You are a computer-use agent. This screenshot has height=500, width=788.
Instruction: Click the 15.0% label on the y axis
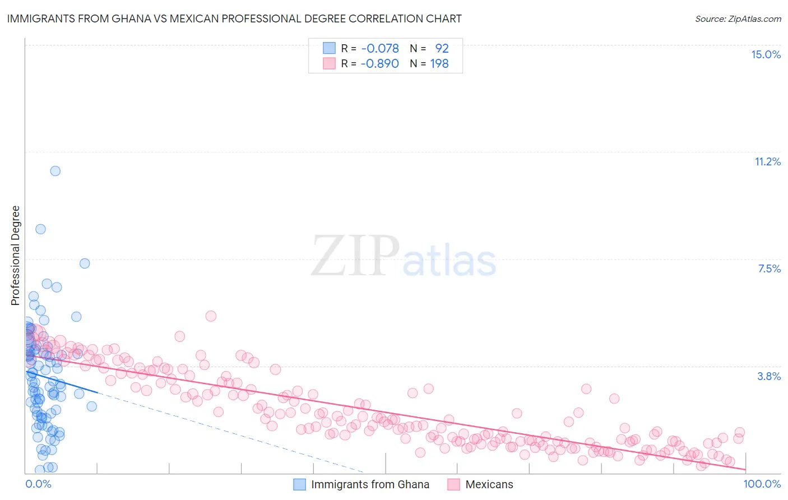pyautogui.click(x=766, y=54)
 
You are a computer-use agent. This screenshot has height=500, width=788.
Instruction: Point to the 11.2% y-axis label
pyautogui.click(x=767, y=161)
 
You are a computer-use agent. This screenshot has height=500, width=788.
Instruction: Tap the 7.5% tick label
pyautogui.click(x=769, y=268)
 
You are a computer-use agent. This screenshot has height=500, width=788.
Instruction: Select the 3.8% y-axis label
pyautogui.click(x=769, y=376)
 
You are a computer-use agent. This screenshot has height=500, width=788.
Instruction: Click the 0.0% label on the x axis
pyautogui.click(x=38, y=484)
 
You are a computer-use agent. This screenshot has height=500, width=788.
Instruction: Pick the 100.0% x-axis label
pyautogui.click(x=762, y=484)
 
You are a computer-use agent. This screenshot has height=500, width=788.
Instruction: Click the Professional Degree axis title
pyautogui.click(x=15, y=256)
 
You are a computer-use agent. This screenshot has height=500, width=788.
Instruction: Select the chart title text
pyautogui.click(x=234, y=18)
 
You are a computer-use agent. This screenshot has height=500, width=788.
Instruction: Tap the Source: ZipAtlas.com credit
pyautogui.click(x=738, y=18)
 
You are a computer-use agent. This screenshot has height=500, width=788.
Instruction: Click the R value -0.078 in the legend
pyautogui.click(x=380, y=48)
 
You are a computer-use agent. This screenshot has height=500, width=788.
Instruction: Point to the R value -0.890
pyautogui.click(x=380, y=63)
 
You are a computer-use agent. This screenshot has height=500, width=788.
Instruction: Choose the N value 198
pyautogui.click(x=439, y=63)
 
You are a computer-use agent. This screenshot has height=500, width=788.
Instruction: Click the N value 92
pyautogui.click(x=442, y=48)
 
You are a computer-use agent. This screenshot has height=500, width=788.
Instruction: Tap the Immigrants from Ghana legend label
pyautogui.click(x=370, y=484)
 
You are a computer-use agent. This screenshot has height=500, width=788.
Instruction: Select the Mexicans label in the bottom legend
pyautogui.click(x=489, y=484)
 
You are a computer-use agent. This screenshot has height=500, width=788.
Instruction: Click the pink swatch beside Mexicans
pyautogui.click(x=453, y=484)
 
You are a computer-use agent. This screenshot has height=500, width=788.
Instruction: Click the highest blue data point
pyautogui.click(x=55, y=171)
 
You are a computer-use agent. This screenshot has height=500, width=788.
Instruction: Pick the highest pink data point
pyautogui.click(x=211, y=316)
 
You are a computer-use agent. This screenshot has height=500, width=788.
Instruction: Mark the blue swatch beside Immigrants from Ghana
pyautogui.click(x=300, y=484)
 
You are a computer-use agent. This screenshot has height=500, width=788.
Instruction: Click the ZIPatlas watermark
pyautogui.click(x=404, y=257)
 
